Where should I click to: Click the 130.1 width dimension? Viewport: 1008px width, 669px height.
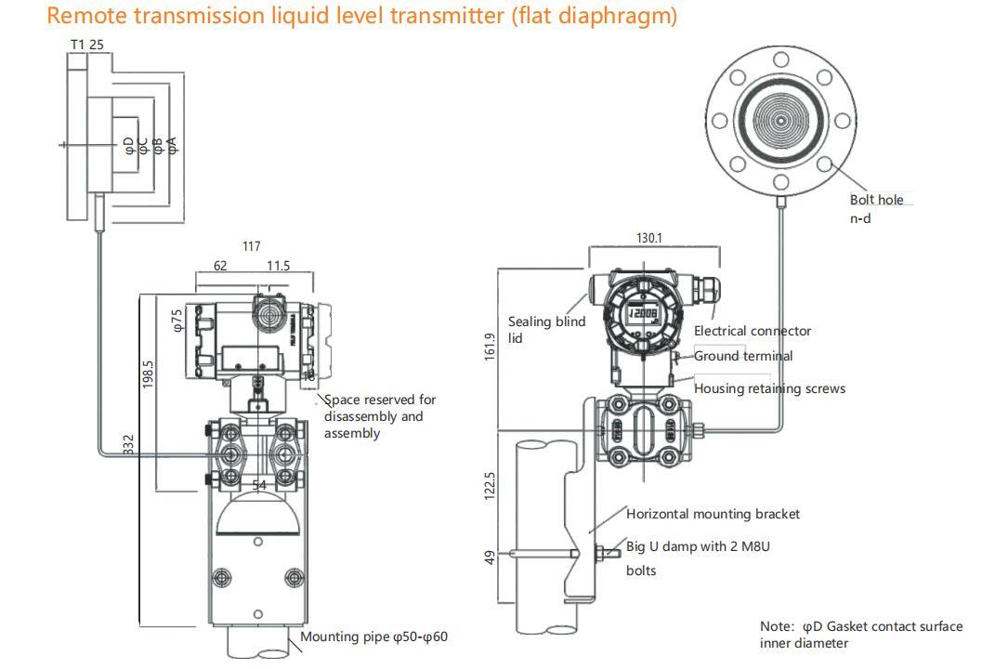point(649,238)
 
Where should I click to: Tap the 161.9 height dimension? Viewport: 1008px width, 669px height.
point(490,348)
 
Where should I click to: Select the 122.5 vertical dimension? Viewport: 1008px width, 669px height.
point(490,484)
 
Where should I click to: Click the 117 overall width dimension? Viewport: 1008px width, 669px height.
point(251,246)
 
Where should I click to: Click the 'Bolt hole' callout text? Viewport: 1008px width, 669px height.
point(876,200)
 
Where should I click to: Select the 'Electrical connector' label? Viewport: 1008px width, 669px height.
point(753,331)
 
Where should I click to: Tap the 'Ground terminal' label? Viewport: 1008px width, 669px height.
point(743,356)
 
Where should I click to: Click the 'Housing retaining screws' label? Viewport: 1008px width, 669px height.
point(769,388)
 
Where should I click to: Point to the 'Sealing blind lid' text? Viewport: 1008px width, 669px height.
point(546,330)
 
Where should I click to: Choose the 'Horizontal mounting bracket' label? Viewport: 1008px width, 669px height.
point(713,514)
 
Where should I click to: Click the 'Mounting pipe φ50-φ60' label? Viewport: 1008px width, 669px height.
point(374,637)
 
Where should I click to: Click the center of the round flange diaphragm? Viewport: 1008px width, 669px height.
point(780,121)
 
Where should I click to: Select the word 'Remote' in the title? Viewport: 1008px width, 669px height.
point(86,16)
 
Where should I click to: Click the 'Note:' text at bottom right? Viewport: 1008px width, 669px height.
point(777,626)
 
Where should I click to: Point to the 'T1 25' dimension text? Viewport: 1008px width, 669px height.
point(87,45)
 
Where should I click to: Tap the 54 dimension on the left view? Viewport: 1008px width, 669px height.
point(259,485)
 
